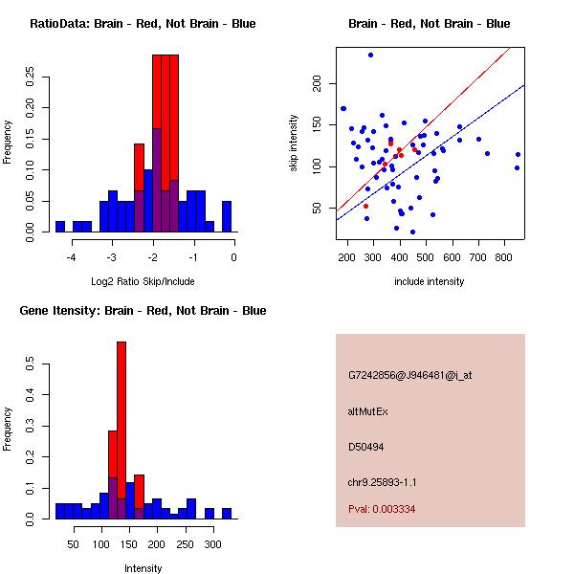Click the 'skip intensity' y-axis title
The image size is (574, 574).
(295, 143)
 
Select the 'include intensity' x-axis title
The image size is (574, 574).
(430, 281)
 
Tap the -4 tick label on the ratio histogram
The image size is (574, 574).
(71, 256)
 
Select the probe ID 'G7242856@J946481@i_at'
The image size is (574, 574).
(409, 375)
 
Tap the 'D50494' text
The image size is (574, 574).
(365, 447)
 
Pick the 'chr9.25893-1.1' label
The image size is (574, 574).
(383, 481)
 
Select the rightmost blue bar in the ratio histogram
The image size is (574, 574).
(227, 216)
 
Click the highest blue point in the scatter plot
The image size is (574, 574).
(370, 55)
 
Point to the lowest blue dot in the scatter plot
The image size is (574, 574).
(412, 232)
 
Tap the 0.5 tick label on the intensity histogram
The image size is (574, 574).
(32, 364)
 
